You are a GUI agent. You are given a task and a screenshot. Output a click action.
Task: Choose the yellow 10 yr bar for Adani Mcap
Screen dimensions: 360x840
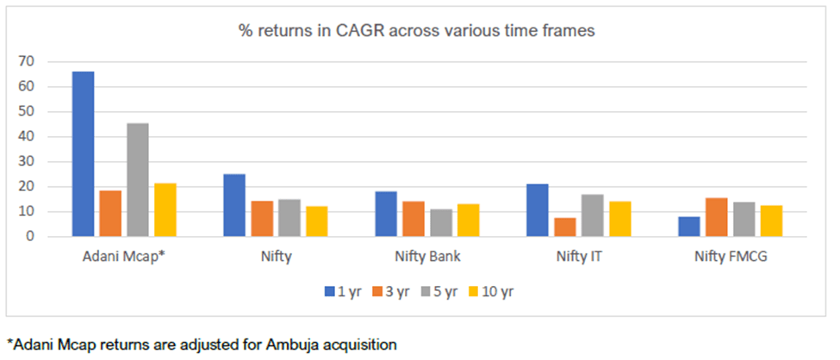[165, 209]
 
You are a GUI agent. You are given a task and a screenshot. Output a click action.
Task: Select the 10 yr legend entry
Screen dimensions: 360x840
[499, 291]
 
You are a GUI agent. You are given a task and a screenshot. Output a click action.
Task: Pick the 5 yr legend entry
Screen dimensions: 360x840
[447, 291]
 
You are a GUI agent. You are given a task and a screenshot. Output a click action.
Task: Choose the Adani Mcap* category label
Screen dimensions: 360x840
[124, 257]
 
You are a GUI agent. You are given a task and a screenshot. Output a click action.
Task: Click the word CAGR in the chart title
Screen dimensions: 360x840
[366, 31]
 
